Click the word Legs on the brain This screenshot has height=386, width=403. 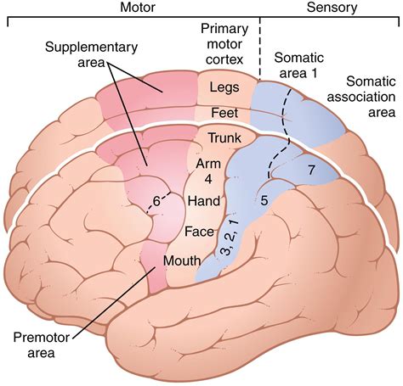pyautogui.click(x=225, y=87)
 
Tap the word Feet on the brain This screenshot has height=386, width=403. pyautogui.click(x=224, y=112)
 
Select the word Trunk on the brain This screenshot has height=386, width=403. pyautogui.click(x=225, y=137)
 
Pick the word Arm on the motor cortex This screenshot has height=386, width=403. pyautogui.click(x=209, y=162)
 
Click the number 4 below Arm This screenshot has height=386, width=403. pyautogui.click(x=207, y=179)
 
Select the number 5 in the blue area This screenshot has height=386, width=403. pyautogui.click(x=264, y=201)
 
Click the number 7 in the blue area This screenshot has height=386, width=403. pyautogui.click(x=311, y=171)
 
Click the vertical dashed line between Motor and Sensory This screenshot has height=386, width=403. pyautogui.click(x=260, y=42)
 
